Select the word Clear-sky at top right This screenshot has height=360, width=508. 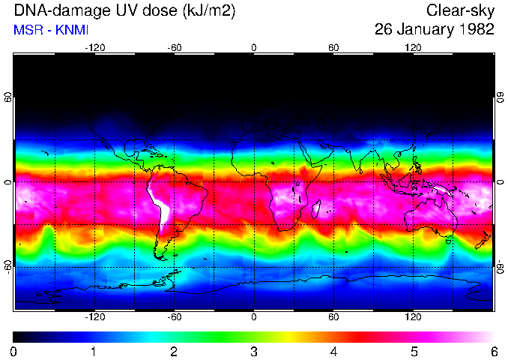point(460,11)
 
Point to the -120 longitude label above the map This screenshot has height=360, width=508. point(94,48)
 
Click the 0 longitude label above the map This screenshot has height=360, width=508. point(254,48)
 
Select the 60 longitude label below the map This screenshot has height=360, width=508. point(333,317)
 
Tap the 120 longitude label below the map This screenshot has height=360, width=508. point(413,317)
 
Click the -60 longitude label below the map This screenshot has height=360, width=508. point(175,317)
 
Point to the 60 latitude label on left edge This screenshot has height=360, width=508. point(9,98)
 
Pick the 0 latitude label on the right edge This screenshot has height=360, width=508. point(500,182)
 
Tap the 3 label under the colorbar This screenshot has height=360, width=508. point(254,351)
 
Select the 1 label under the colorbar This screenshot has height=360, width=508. point(94,351)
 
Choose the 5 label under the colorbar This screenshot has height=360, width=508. point(414,351)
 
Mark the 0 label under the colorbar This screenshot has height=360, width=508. point(14,351)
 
